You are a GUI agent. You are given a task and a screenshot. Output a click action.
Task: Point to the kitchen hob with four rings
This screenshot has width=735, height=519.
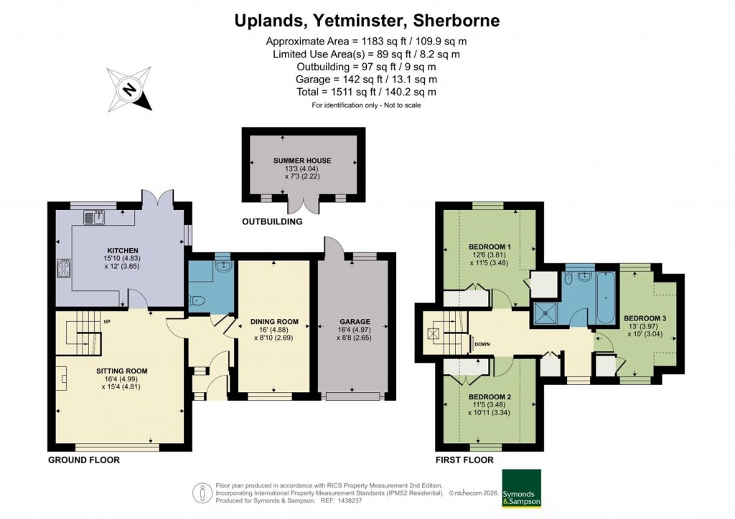(62, 270)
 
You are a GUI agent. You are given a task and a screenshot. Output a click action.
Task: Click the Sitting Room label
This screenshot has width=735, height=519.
(121, 371)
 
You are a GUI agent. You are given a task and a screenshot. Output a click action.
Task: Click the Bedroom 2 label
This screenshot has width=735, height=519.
(489, 396)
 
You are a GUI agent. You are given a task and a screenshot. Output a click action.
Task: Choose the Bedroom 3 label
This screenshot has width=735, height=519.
(645, 318)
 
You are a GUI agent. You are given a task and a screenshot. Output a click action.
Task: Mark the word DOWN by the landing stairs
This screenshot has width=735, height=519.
(482, 344)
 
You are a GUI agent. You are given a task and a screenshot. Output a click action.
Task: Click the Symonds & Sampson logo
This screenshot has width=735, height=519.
(521, 488)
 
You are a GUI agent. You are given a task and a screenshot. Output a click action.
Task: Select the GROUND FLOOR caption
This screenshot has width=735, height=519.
(83, 460)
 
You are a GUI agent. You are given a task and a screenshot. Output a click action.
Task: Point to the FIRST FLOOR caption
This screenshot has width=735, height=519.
(464, 460)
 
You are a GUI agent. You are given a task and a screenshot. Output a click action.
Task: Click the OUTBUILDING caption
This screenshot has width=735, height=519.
(271, 222)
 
